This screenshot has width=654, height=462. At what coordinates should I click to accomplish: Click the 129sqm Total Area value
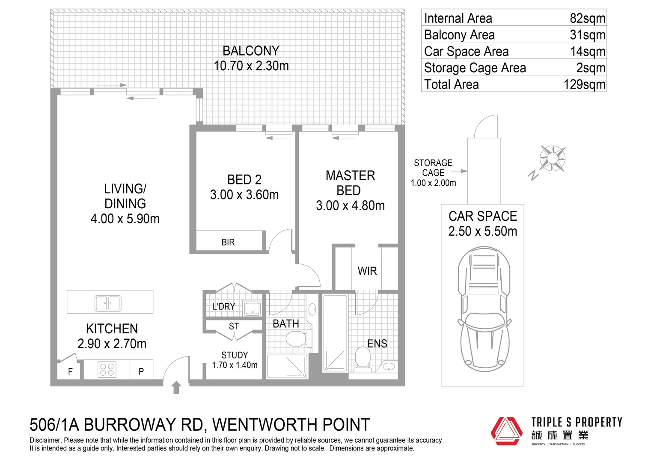[584, 84]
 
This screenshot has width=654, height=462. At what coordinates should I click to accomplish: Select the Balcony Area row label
[459, 35]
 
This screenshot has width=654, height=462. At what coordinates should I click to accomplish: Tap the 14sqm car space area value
[587, 51]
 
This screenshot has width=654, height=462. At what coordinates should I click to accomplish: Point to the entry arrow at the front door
[176, 388]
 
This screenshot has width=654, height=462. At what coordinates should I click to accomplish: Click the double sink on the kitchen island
[108, 303]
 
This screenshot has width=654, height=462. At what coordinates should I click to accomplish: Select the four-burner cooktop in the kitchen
[107, 370]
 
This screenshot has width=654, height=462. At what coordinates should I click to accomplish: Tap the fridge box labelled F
[70, 371]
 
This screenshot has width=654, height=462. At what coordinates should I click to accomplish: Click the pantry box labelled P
[141, 371]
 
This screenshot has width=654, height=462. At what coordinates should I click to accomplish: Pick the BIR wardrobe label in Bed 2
[228, 242]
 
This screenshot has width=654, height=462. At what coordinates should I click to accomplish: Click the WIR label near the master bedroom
[367, 271]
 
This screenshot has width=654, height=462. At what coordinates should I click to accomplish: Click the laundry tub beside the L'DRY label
[252, 308]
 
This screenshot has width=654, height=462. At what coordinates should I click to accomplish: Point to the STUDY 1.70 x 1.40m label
[235, 360]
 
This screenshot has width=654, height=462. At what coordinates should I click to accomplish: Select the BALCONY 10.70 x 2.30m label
[251, 58]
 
